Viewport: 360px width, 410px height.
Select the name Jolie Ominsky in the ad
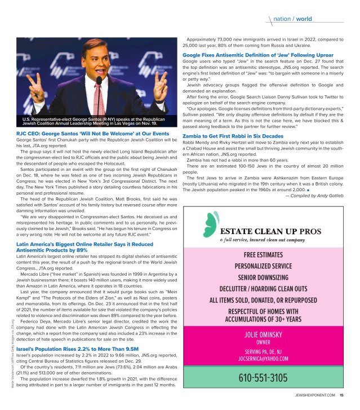pos(263,334)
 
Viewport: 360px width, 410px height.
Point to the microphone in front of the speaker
pos(99,81)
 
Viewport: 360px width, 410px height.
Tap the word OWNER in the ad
pos(263,342)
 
